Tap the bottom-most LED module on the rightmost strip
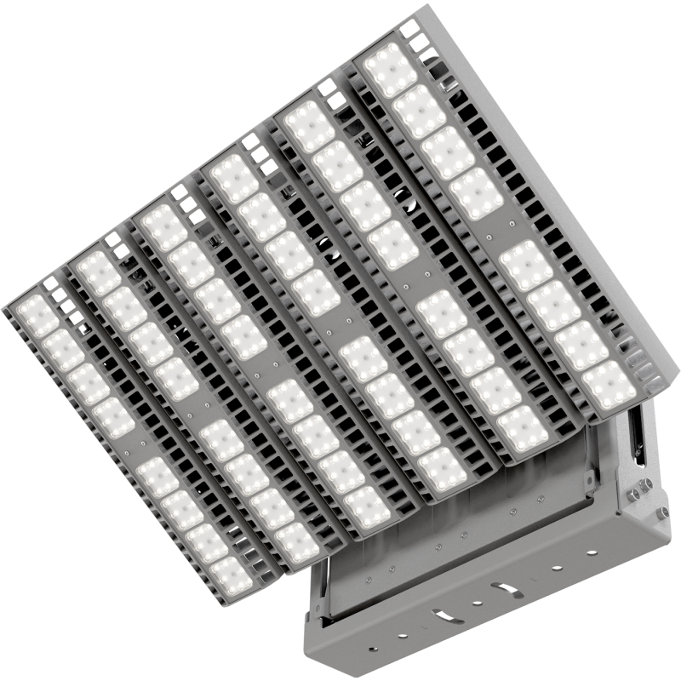tap(609, 385)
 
